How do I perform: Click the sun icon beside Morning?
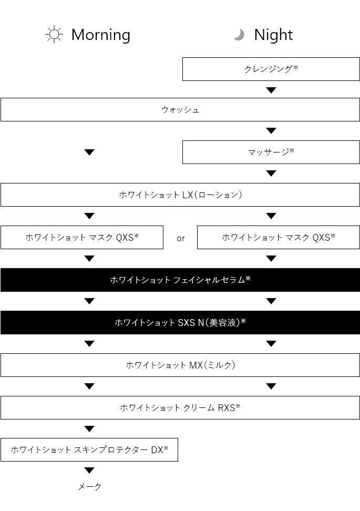[x=54, y=35]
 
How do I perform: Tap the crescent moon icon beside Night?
[x=240, y=35]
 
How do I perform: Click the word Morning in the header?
[x=101, y=35]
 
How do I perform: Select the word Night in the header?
[x=273, y=35]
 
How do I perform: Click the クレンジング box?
[x=271, y=69]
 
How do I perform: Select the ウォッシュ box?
[x=180, y=109]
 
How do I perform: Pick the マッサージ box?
[x=271, y=152]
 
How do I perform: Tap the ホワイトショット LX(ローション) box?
[x=180, y=195]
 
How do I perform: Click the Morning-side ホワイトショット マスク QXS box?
[x=82, y=237]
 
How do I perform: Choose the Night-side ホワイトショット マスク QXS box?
[x=279, y=237]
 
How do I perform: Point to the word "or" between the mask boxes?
[x=180, y=239]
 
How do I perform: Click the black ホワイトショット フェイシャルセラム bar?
[x=180, y=280]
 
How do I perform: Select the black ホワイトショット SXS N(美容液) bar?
[x=180, y=322]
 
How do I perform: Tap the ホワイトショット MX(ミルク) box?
[x=180, y=365]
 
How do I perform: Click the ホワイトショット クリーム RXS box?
[x=180, y=407]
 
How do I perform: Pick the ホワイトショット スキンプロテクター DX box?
[x=89, y=449]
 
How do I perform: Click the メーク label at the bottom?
[x=89, y=487]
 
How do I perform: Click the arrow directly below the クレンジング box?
[x=271, y=90]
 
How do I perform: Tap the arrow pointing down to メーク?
[x=89, y=471]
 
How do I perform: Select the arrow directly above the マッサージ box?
[x=271, y=131]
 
